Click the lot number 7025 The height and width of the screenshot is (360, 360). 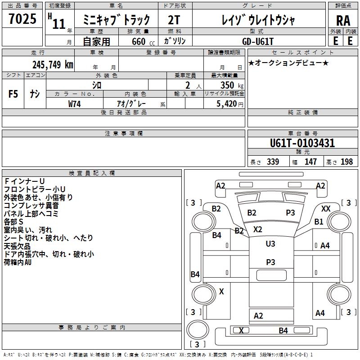tap(22, 19)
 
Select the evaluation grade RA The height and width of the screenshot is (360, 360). tap(343, 21)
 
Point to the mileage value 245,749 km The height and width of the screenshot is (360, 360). tap(53, 64)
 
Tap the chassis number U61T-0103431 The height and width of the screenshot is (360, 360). tap(302, 144)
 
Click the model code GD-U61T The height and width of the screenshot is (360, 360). tap(258, 41)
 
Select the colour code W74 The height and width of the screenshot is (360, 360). tap(75, 103)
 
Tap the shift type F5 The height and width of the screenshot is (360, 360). tap(13, 94)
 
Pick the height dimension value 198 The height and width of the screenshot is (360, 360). tap(346, 162)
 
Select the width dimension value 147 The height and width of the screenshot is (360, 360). tap(310, 162)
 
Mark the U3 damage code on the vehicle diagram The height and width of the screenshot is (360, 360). tap(270, 244)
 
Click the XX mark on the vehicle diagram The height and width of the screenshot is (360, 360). tap(326, 209)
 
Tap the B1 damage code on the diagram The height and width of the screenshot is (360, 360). tap(319, 222)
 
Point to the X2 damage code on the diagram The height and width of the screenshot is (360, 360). tap(257, 229)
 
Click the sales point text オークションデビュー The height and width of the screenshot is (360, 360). tap(288, 63)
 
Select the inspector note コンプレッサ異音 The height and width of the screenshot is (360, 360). tap(31, 205)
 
